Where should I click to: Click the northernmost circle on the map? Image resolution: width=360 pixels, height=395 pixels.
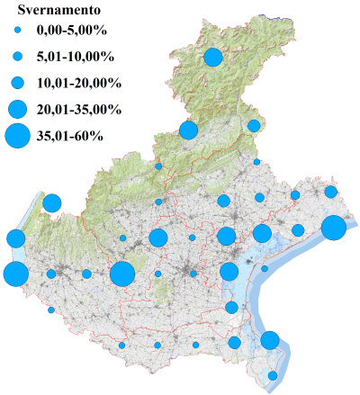(213, 58)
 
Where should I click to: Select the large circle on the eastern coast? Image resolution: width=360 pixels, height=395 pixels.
(333, 229)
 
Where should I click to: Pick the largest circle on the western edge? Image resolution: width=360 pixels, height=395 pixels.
(15, 274)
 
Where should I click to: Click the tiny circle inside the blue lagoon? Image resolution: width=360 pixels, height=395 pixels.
(265, 268)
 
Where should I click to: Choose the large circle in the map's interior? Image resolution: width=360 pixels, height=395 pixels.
(122, 274)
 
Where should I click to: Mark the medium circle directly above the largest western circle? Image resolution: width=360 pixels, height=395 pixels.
(15, 238)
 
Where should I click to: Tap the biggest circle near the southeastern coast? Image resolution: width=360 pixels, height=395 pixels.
(269, 340)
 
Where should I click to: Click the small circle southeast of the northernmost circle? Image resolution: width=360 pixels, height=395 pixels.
(254, 125)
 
